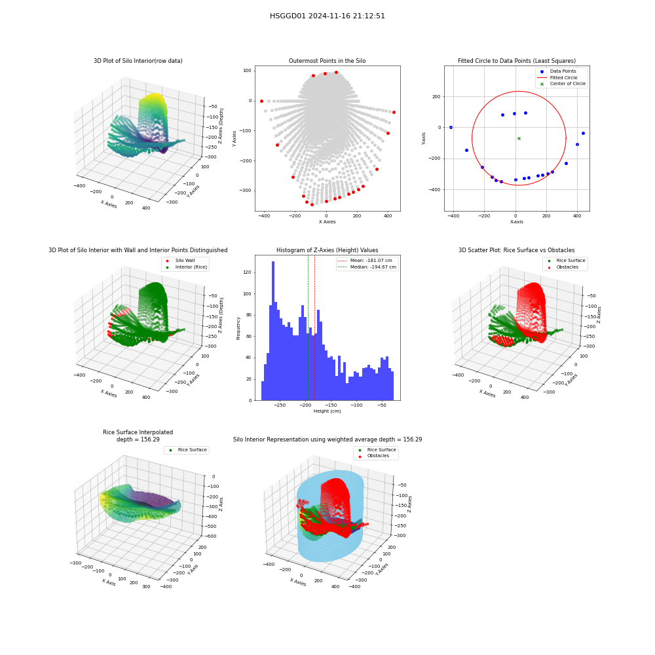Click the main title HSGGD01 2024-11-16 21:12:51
327,16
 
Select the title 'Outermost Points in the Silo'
327,61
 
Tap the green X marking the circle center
519,138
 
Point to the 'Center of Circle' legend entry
562,84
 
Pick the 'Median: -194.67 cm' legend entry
367,267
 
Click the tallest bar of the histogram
273,331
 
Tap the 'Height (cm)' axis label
327,411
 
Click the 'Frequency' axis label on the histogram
238,328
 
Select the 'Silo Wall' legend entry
181,260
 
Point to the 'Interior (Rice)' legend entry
186,267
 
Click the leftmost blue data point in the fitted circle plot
451,128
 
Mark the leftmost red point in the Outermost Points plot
261,101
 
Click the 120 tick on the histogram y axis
248,272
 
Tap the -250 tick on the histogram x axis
280,405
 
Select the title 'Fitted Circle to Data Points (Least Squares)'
517,61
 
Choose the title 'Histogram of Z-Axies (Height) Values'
327,250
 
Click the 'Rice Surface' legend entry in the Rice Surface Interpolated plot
187,450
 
